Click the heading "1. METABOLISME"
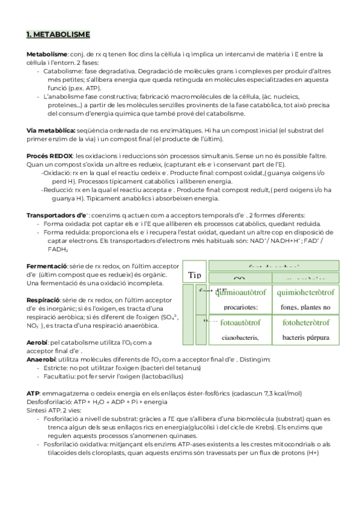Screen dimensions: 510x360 [x=58, y=34]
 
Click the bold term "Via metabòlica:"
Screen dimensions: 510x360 [x=51, y=131]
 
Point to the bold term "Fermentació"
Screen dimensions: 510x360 [x=46, y=266]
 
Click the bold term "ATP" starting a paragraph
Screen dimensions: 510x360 [x=34, y=393]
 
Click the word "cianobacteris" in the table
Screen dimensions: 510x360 [x=239, y=337]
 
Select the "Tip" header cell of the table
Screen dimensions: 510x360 [x=194, y=275]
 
